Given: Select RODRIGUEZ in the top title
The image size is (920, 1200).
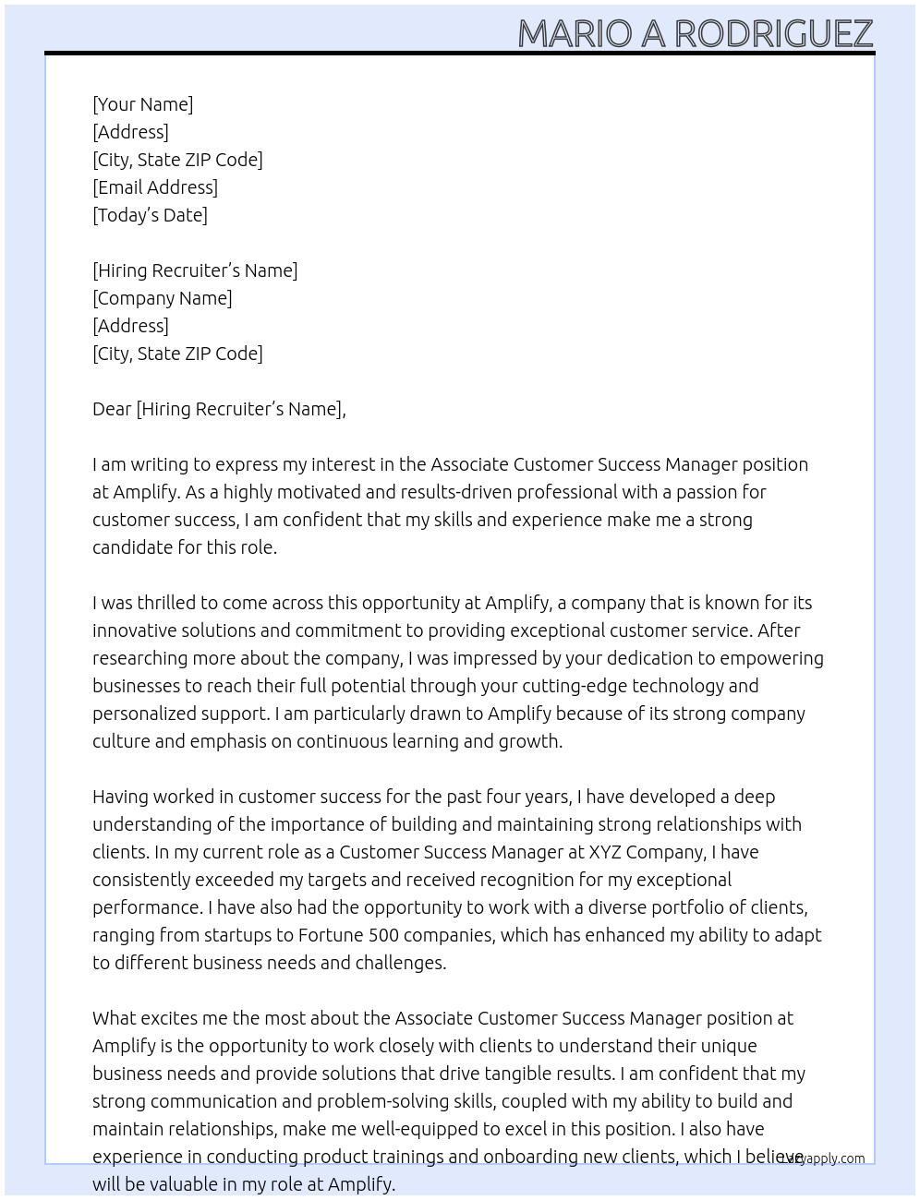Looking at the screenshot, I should [773, 33].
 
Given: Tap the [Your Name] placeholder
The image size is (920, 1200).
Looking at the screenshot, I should [143, 104].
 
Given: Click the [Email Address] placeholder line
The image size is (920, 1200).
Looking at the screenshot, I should [155, 187].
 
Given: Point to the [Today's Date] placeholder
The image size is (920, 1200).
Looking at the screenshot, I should [150, 215].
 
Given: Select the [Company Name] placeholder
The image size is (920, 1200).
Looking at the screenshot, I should [163, 298].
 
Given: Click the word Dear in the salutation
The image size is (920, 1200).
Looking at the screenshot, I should [112, 409].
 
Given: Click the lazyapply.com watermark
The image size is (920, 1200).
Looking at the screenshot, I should [822, 1158].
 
